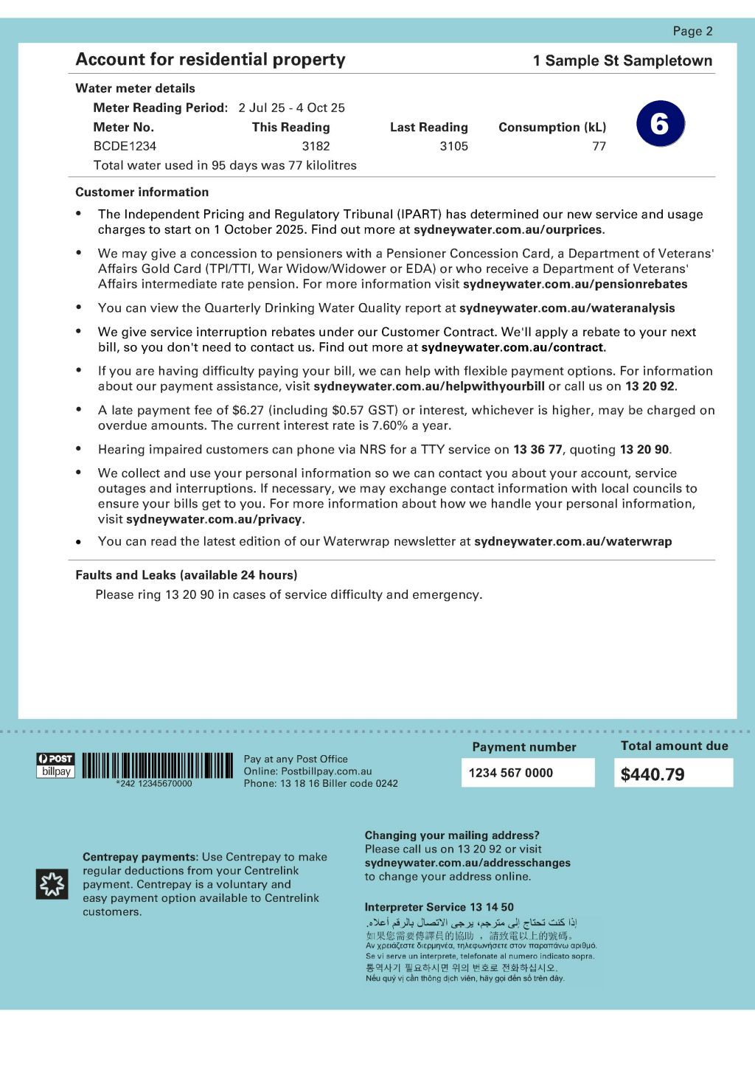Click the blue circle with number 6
pyautogui.click(x=660, y=124)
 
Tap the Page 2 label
pyautogui.click(x=692, y=31)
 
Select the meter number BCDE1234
pyautogui.click(x=125, y=146)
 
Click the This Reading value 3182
pyautogui.click(x=316, y=146)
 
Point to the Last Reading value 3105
pyautogui.click(x=453, y=146)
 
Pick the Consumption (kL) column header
pyautogui.click(x=552, y=127)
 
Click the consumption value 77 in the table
pyautogui.click(x=599, y=146)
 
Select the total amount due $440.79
pyautogui.click(x=653, y=774)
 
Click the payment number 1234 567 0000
pyautogui.click(x=511, y=773)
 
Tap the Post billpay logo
pyautogui.click(x=56, y=765)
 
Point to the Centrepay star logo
pyautogui.click(x=52, y=884)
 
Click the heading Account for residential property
pyautogui.click(x=210, y=60)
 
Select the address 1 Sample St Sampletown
pyautogui.click(x=622, y=60)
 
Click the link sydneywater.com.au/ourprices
pyautogui.click(x=508, y=229)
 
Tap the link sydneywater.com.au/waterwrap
pyautogui.click(x=573, y=541)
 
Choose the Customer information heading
pyautogui.click(x=142, y=192)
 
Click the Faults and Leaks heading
pyautogui.click(x=186, y=575)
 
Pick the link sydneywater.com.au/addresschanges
pyautogui.click(x=467, y=863)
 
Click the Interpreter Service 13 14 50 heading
pyautogui.click(x=439, y=907)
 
